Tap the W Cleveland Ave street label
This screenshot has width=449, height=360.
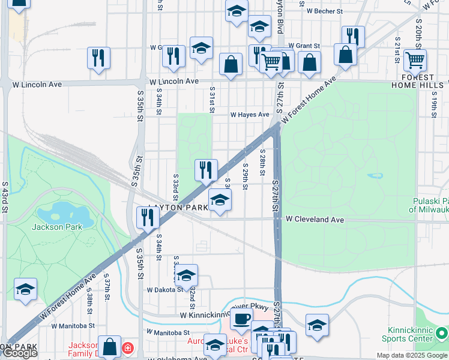tap(315, 220)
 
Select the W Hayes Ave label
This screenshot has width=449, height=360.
tap(250, 115)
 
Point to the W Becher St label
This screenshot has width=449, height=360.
tap(324, 11)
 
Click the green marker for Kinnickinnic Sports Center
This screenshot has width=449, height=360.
tap(441, 332)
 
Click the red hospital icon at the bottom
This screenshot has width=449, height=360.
tap(127, 348)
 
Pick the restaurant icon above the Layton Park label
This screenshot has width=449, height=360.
tap(206, 170)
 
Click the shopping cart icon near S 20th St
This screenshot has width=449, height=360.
tap(415, 60)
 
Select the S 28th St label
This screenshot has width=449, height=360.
tap(262, 163)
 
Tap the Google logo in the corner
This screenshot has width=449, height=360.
tap(20, 353)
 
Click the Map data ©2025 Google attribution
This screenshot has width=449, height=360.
tap(412, 355)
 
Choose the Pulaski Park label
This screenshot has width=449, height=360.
tap(430, 205)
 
